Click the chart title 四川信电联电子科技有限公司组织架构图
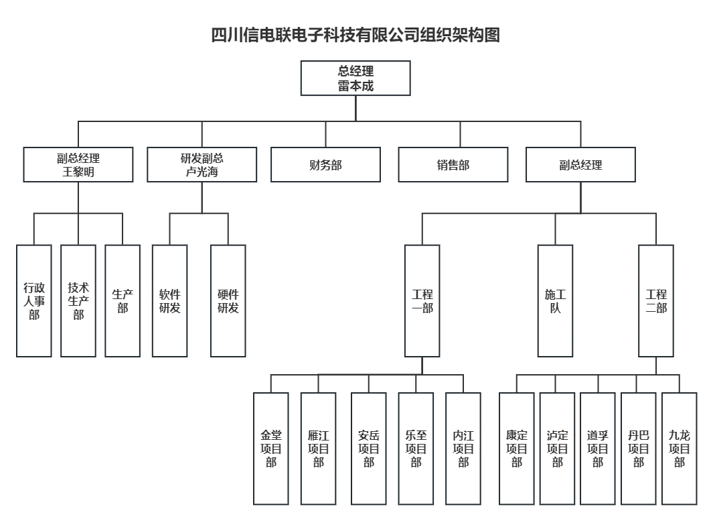click(x=355, y=35)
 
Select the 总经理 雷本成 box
click(x=355, y=78)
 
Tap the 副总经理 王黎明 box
click(x=78, y=165)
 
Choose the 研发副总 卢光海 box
click(x=202, y=165)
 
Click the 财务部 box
click(x=325, y=165)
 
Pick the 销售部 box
click(x=453, y=165)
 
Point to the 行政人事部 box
click(x=34, y=301)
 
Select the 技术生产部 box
click(x=78, y=301)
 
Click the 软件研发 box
click(x=169, y=301)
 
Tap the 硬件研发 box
click(x=228, y=301)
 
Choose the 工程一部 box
click(x=422, y=301)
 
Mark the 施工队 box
click(x=555, y=301)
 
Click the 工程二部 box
click(x=656, y=301)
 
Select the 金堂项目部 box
click(x=271, y=449)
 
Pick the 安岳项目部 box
click(x=369, y=449)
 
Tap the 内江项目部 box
click(x=463, y=449)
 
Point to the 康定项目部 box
click(x=517, y=449)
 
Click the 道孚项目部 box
click(x=598, y=449)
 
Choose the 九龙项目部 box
click(x=680, y=449)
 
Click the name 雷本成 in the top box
click(x=355, y=86)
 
